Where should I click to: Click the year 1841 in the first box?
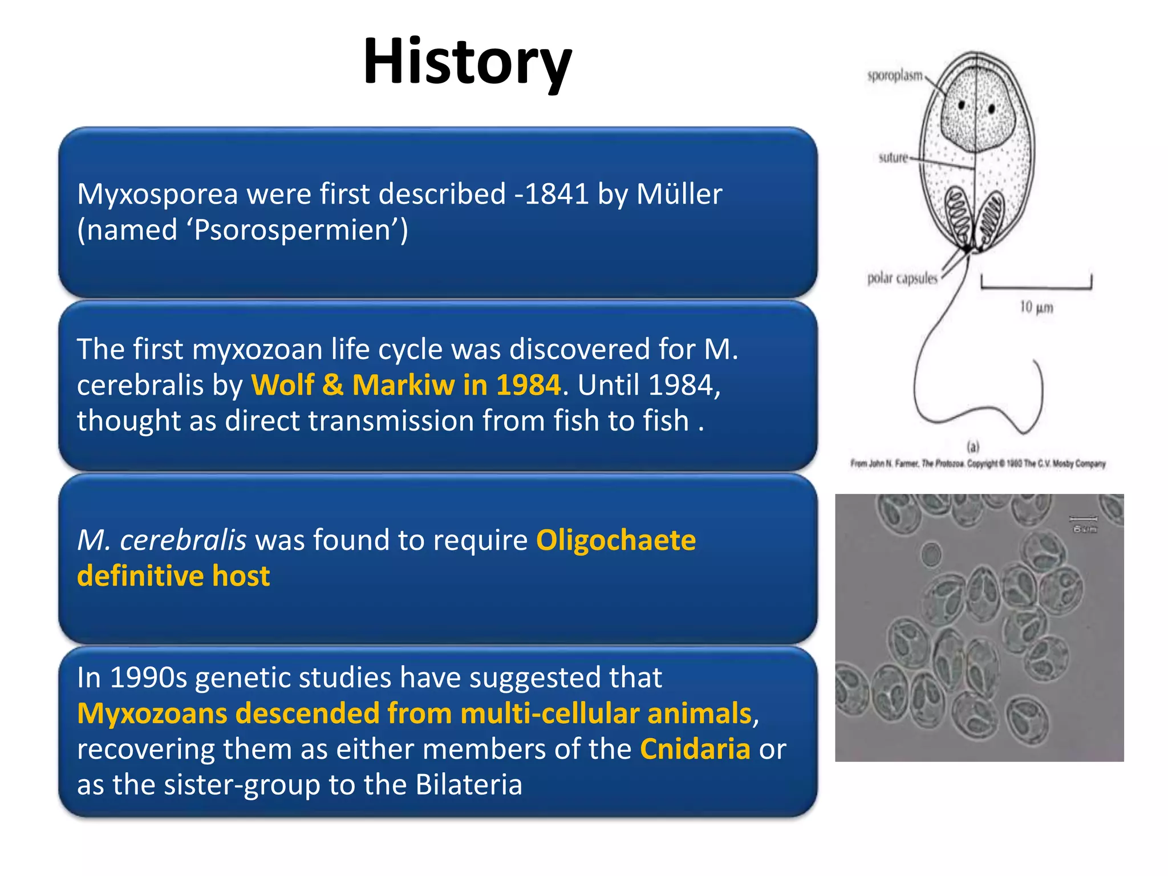coord(556,194)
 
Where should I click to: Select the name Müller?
coord(679,194)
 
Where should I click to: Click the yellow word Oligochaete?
coord(615,540)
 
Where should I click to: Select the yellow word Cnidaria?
coord(695,749)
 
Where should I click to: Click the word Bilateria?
coord(469,785)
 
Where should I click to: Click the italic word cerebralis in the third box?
coord(182,540)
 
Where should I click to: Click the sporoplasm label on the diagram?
coord(894,76)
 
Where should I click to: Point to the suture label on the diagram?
coord(893,158)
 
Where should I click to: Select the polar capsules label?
coord(902,278)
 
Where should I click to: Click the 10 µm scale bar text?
coord(1036,307)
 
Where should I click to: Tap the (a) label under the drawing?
coord(972,447)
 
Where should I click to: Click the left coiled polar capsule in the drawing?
coord(958,216)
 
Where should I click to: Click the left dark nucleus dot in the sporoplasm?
coord(961,105)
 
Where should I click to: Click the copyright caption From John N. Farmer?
coord(978,464)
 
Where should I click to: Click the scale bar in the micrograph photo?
coord(1082,518)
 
